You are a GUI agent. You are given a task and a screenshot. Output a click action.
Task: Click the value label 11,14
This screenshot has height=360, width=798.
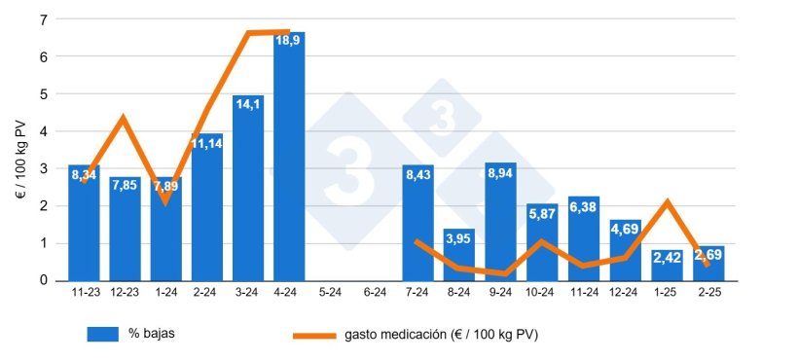tap(206, 144)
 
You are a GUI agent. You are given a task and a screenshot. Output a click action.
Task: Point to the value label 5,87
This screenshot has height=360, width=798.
tap(541, 214)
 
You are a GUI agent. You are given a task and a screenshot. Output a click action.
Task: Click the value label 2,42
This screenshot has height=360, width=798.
tap(667, 259)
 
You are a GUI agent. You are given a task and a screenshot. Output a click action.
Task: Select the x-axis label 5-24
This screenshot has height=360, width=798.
tap(331, 291)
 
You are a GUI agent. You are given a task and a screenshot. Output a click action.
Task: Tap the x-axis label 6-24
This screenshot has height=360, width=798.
tap(373, 291)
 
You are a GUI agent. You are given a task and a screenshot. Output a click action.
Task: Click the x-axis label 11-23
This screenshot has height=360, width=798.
tap(84, 291)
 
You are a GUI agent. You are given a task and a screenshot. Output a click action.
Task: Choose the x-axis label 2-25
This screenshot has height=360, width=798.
tap(708, 291)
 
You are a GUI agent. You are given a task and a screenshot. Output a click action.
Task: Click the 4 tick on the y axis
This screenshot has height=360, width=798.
tap(44, 131)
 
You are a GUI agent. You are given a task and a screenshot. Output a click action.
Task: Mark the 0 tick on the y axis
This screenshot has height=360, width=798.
tap(44, 280)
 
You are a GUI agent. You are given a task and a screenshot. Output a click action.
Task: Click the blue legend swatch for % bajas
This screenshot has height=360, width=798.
tap(102, 334)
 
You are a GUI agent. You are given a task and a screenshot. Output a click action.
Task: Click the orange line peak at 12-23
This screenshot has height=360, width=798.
tap(123, 119)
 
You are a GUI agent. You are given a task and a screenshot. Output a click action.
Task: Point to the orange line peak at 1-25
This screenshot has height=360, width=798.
tap(667, 202)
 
